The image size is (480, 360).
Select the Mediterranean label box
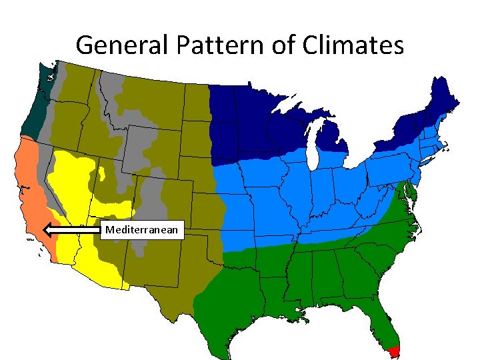(142, 230)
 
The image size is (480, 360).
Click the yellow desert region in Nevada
(70, 180)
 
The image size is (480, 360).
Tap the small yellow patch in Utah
(102, 175)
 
